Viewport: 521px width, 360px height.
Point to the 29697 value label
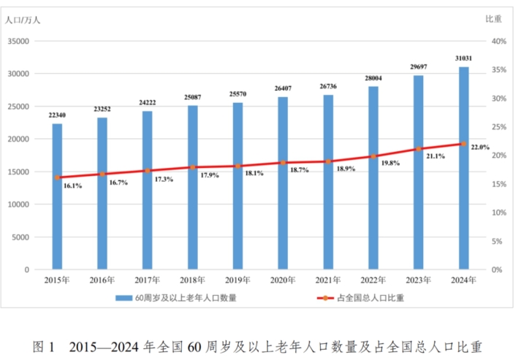point(418,66)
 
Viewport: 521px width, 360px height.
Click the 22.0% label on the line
point(480,147)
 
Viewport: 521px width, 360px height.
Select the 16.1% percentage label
point(72,186)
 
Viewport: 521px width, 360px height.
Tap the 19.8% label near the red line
point(389,163)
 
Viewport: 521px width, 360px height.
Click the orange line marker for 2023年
point(419,149)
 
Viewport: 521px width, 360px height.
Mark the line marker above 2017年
point(148,171)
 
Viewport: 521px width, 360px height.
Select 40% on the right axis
point(499,42)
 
